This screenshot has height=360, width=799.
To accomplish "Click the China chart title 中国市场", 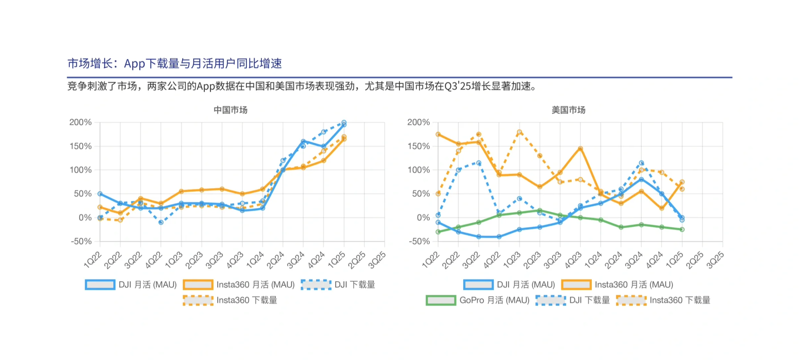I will (x=230, y=110).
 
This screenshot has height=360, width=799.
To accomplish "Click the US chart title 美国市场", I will (x=568, y=110).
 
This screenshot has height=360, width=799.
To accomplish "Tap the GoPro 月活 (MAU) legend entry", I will (x=478, y=300).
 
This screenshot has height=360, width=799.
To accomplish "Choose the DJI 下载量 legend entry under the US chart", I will (x=573, y=300).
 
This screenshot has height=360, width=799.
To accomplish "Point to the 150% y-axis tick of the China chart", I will (x=80, y=146).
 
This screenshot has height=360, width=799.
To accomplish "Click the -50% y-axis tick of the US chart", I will (x=419, y=241).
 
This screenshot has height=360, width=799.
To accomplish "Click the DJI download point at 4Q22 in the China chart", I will (x=161, y=222).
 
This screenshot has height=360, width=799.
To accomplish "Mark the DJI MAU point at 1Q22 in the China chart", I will (x=100, y=194).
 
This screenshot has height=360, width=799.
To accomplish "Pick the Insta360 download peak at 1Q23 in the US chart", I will (x=519, y=132).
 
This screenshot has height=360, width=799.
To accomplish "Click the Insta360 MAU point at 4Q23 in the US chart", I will (x=580, y=149).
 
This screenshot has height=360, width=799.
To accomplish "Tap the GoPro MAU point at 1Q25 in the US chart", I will (x=682, y=229).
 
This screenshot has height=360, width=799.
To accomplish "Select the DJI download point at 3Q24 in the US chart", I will (x=641, y=163).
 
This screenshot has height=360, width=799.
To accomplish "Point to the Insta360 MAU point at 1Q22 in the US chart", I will (x=438, y=134).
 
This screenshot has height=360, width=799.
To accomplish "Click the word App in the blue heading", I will (x=135, y=63).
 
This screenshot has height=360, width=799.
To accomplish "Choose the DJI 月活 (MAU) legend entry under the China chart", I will (x=131, y=285).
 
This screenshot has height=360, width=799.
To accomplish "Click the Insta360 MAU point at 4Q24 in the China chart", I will (x=324, y=161).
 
